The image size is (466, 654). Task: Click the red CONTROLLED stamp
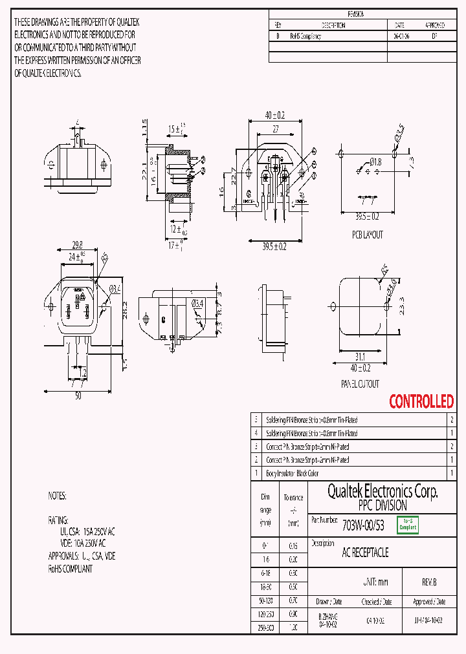point(421,401)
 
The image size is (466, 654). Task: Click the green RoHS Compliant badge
point(408,525)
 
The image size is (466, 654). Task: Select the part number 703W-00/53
point(363,525)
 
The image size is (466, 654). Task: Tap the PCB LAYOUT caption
point(367,235)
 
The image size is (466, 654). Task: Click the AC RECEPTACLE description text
point(365,553)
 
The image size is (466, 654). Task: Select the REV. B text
point(429,582)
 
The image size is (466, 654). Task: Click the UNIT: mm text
point(374,582)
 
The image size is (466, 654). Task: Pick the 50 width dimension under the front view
point(78,396)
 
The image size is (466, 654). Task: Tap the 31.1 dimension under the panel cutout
point(360,356)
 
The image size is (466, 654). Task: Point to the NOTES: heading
point(58,496)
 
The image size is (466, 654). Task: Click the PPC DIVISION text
point(383,505)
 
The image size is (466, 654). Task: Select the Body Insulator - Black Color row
point(293,473)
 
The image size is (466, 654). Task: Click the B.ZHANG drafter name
point(328,618)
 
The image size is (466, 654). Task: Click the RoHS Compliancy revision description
point(305,37)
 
